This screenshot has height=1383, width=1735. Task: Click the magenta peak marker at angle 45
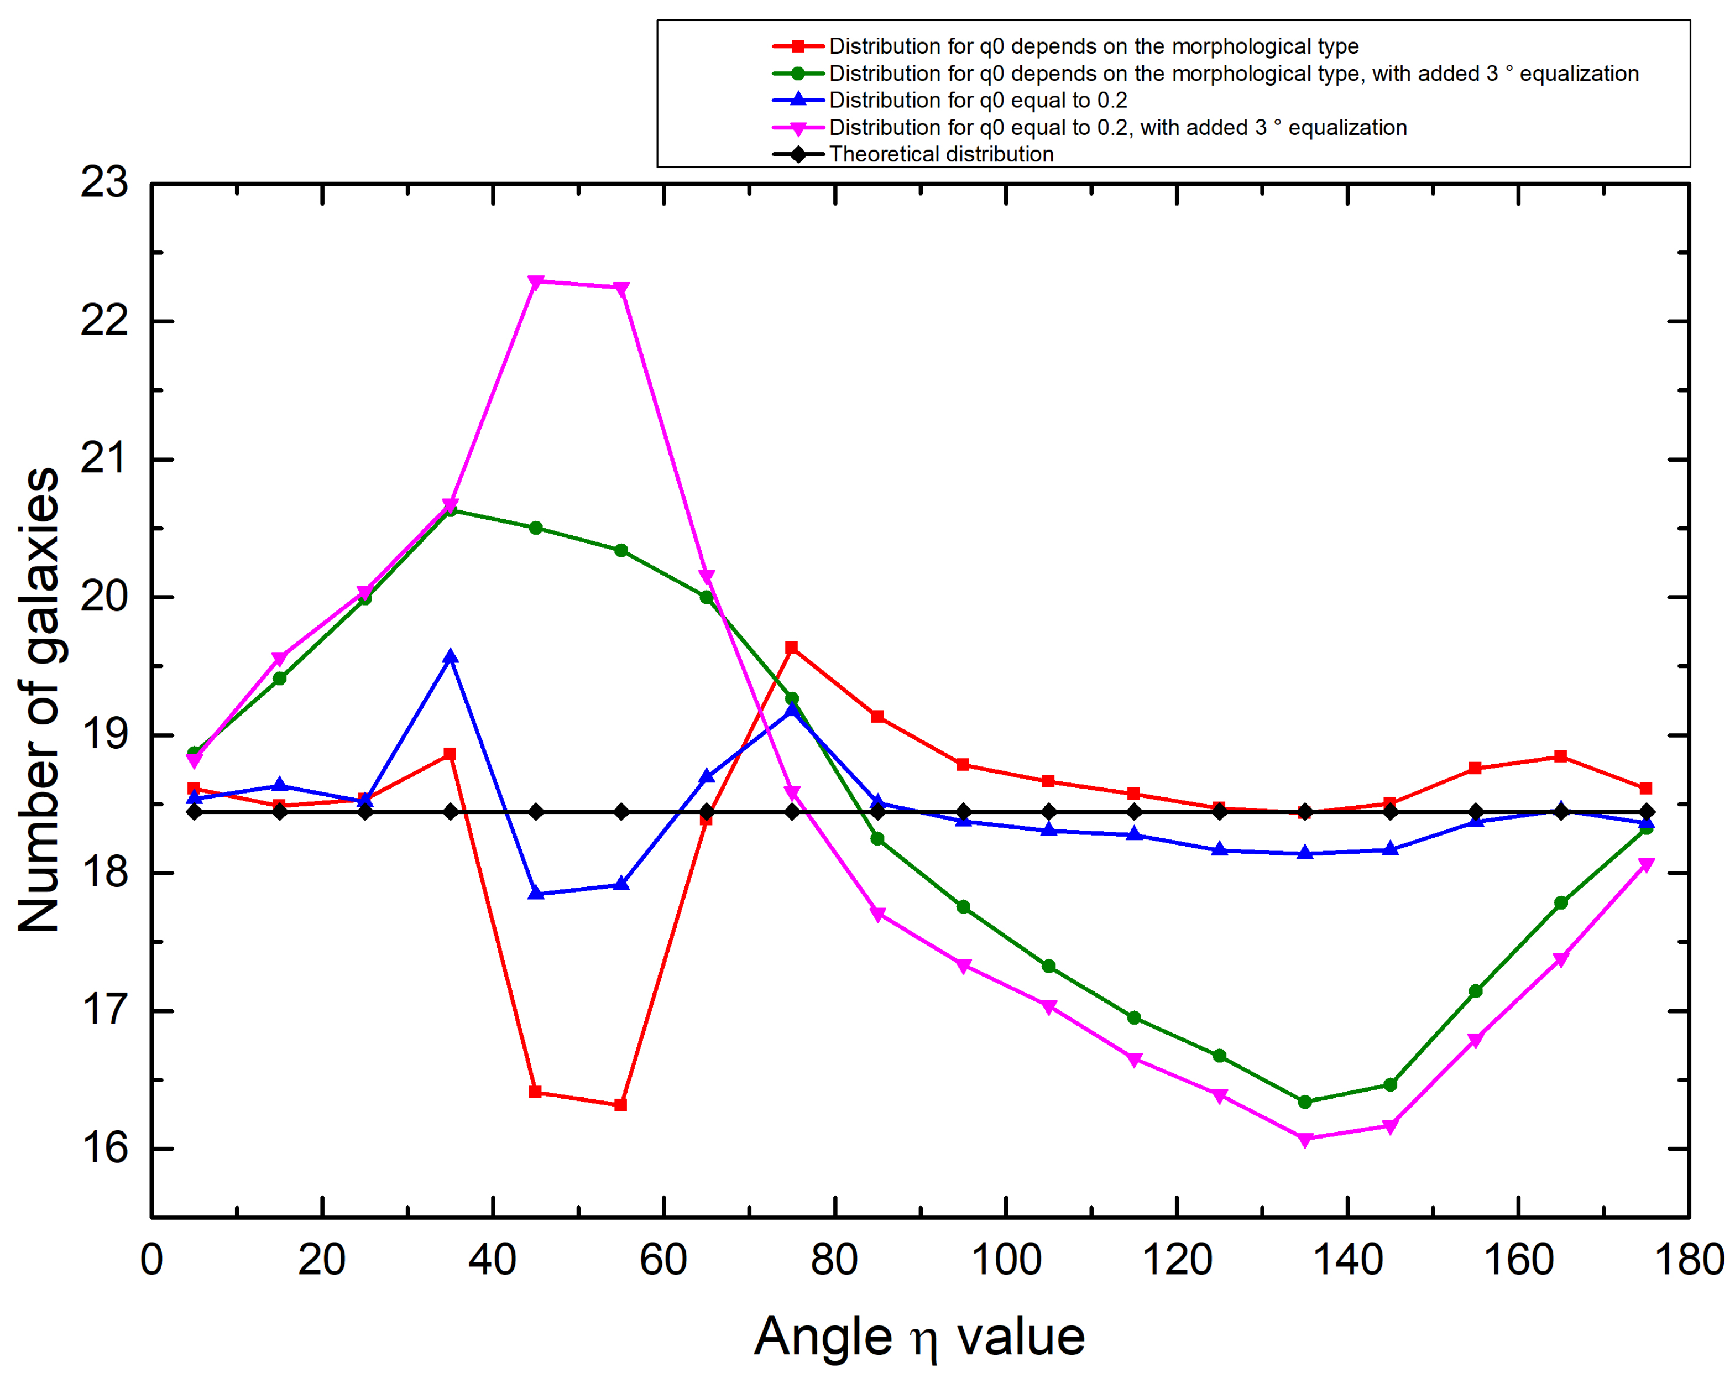point(536,282)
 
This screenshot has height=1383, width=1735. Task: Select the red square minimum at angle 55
point(620,1104)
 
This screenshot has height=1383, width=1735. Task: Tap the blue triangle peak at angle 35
point(451,657)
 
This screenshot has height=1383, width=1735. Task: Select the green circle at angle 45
point(536,528)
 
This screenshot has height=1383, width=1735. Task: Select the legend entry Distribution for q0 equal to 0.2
point(978,101)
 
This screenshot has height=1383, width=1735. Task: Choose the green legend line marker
point(797,73)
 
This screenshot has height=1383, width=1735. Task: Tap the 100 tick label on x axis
point(1006,1260)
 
